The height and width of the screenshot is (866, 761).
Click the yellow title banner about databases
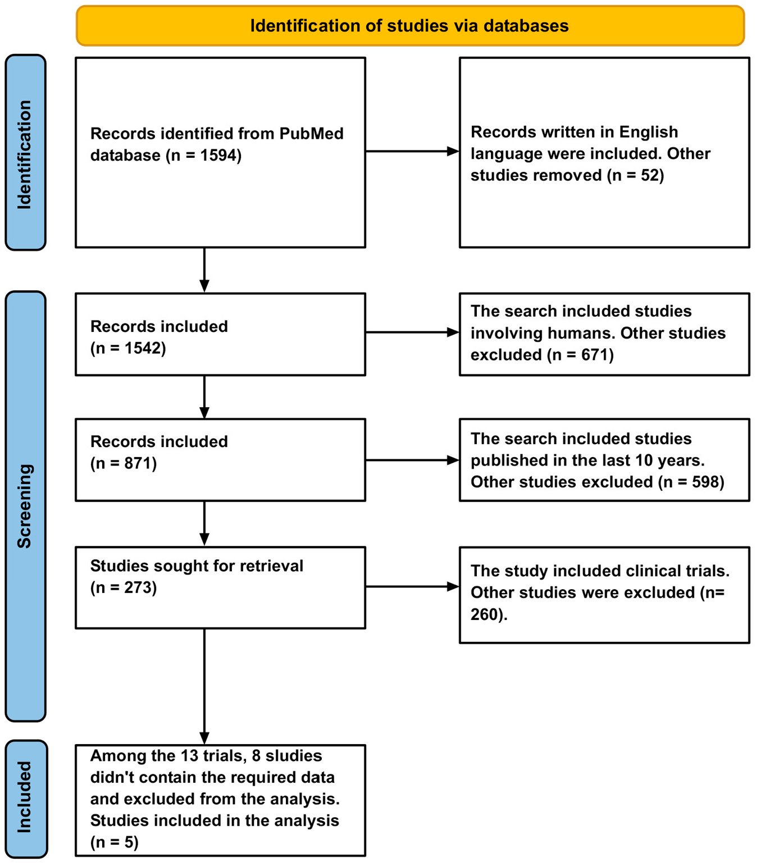pyautogui.click(x=409, y=26)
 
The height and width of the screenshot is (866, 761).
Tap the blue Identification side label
pyautogui.click(x=25, y=153)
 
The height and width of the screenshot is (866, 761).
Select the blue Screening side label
pyautogui.click(x=25, y=505)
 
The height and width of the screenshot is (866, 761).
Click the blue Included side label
pyautogui.click(x=25, y=797)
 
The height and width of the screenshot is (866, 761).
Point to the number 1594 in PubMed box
pyautogui.click(x=219, y=156)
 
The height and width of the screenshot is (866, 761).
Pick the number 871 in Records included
pyautogui.click(x=138, y=463)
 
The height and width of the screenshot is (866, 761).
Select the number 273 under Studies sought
pyautogui.click(x=138, y=587)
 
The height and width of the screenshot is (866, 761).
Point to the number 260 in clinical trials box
pyautogui.click(x=485, y=614)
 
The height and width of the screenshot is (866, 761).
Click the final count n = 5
pyautogui.click(x=115, y=842)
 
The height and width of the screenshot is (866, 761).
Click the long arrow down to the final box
pyautogui.click(x=204, y=685)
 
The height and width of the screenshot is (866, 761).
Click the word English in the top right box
pyautogui.click(x=648, y=132)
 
